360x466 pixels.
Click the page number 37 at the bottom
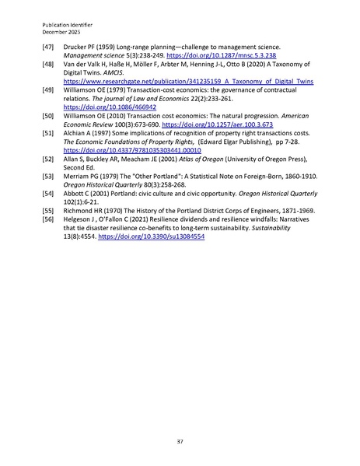[180, 420]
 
